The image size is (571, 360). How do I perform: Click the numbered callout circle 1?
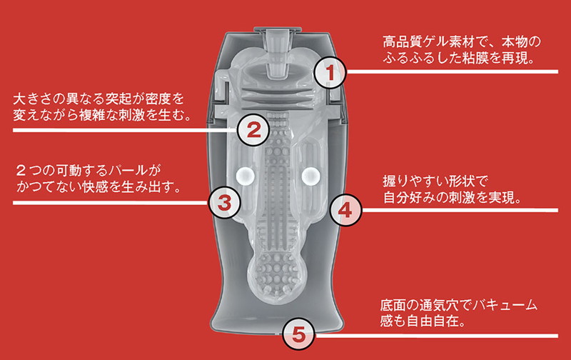click(330, 72)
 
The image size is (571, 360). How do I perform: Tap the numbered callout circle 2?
click(254, 130)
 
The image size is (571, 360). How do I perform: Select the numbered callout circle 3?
click(224, 203)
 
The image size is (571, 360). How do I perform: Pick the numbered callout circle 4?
click(345, 210)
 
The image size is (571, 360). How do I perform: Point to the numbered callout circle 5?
click(298, 334)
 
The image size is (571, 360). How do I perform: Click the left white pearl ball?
click(245, 176)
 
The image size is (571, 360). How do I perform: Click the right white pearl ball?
click(311, 176)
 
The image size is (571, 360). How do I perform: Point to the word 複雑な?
click(98, 115)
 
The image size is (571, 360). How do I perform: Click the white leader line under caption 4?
click(460, 210)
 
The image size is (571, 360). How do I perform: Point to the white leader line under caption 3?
click(111, 203)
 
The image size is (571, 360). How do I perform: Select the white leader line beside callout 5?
click(436, 336)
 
